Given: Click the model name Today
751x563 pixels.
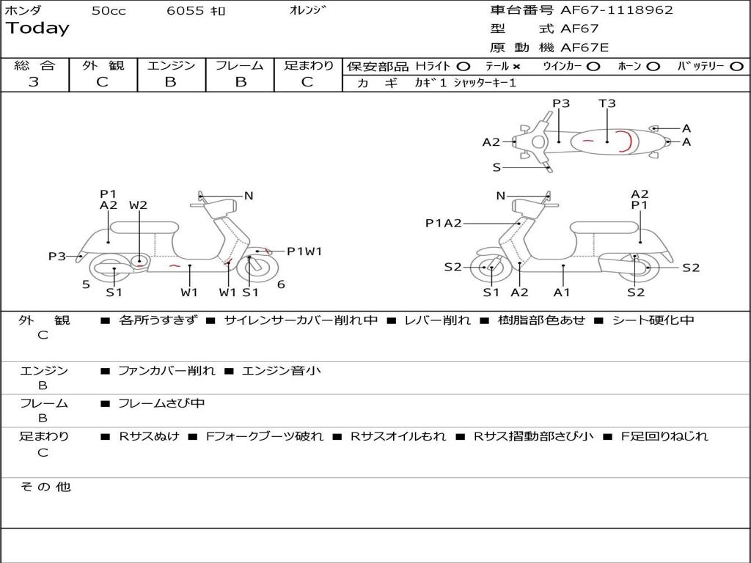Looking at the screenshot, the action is tap(37, 29).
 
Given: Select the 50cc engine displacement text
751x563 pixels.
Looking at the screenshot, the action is tap(109, 11).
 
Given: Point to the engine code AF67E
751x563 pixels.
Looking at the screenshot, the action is tap(585, 48).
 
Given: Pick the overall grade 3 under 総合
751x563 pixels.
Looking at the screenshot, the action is tap(34, 82).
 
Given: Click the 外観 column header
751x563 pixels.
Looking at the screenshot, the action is tap(103, 66).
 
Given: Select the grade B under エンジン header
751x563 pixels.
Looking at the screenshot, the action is tap(171, 82).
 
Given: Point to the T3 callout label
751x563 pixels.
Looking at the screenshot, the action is tap(607, 103).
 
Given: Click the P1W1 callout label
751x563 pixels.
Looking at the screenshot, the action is tap(304, 251).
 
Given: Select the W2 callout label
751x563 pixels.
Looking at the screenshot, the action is tap(138, 205).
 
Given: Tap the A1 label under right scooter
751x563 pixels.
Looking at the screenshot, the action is tap(562, 292).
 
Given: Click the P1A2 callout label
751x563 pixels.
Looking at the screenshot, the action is tap(444, 224).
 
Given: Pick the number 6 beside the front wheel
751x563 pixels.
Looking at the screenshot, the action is tap(281, 284).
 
